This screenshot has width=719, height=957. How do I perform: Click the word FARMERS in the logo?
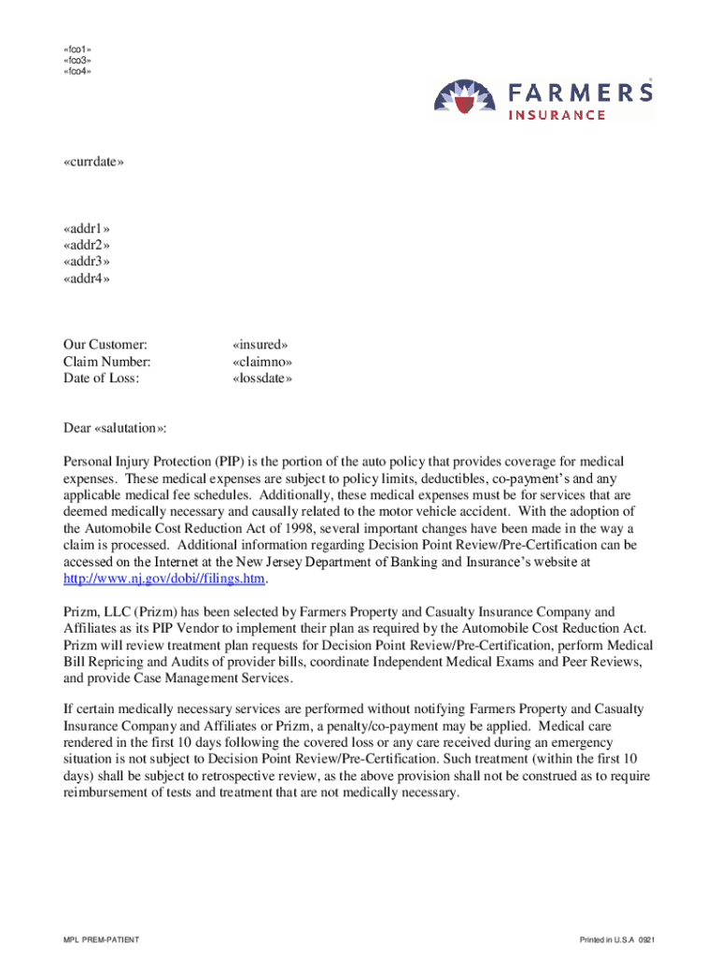click(x=580, y=93)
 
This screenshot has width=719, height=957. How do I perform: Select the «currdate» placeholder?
click(x=93, y=162)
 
